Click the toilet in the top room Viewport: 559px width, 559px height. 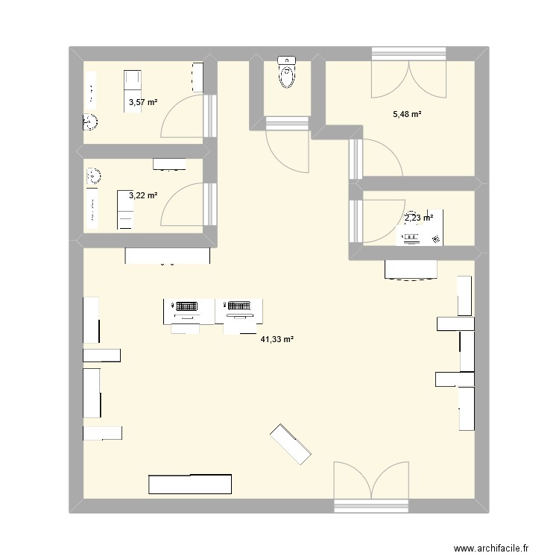coord(286,73)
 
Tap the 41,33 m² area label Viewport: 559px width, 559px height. coord(277,339)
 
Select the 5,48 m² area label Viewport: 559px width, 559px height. coord(408,114)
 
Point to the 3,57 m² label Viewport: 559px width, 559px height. coord(143,103)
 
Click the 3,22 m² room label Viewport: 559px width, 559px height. coord(143,195)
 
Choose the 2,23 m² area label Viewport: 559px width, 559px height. coord(418,218)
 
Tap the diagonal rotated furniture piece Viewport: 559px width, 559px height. coord(290,444)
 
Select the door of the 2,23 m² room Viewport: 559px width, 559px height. coord(377,218)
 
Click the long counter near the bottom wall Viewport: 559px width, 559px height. coord(191,484)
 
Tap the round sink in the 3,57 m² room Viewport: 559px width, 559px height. coord(89,121)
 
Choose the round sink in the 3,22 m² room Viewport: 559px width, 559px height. coord(94,177)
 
